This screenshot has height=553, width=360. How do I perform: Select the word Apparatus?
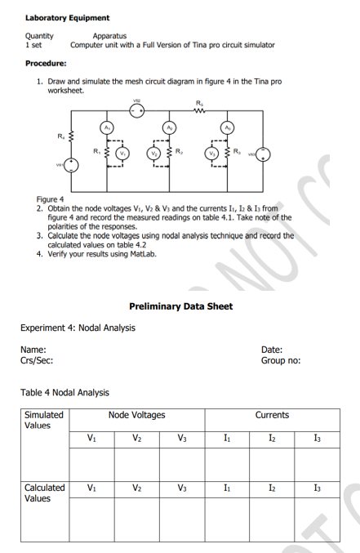109,36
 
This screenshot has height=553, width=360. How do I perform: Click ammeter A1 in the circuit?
106,127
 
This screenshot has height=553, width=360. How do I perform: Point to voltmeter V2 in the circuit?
153,153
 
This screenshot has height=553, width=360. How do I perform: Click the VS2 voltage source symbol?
136,111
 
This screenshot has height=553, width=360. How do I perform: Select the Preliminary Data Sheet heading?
180,306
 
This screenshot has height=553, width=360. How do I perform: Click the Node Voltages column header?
136,415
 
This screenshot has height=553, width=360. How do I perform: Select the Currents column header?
273,415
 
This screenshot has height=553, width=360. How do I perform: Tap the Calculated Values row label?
44,493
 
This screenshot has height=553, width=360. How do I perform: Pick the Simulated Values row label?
44,420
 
